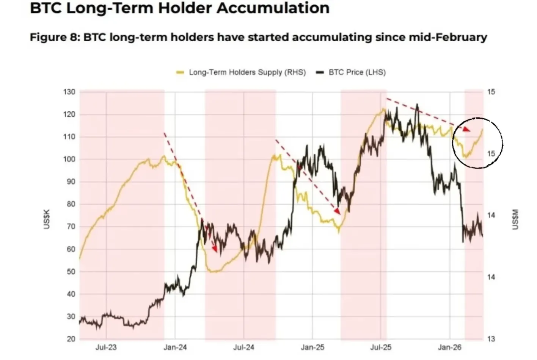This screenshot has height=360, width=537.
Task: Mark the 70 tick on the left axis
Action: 71,227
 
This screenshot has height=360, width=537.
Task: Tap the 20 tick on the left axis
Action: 71,339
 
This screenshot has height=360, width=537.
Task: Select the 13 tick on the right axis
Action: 491,339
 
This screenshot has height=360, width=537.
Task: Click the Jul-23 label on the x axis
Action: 106,347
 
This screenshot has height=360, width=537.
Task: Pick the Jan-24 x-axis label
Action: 175,347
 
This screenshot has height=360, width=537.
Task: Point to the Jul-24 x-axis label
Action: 243,347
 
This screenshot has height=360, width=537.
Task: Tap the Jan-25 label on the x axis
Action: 312,347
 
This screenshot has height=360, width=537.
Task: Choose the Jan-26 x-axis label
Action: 450,347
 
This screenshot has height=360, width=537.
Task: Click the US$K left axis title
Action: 47,219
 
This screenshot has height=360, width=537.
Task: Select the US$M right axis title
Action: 515,219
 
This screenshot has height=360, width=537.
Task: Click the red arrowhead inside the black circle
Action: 467,130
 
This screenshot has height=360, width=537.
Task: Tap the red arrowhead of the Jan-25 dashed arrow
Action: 337,211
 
